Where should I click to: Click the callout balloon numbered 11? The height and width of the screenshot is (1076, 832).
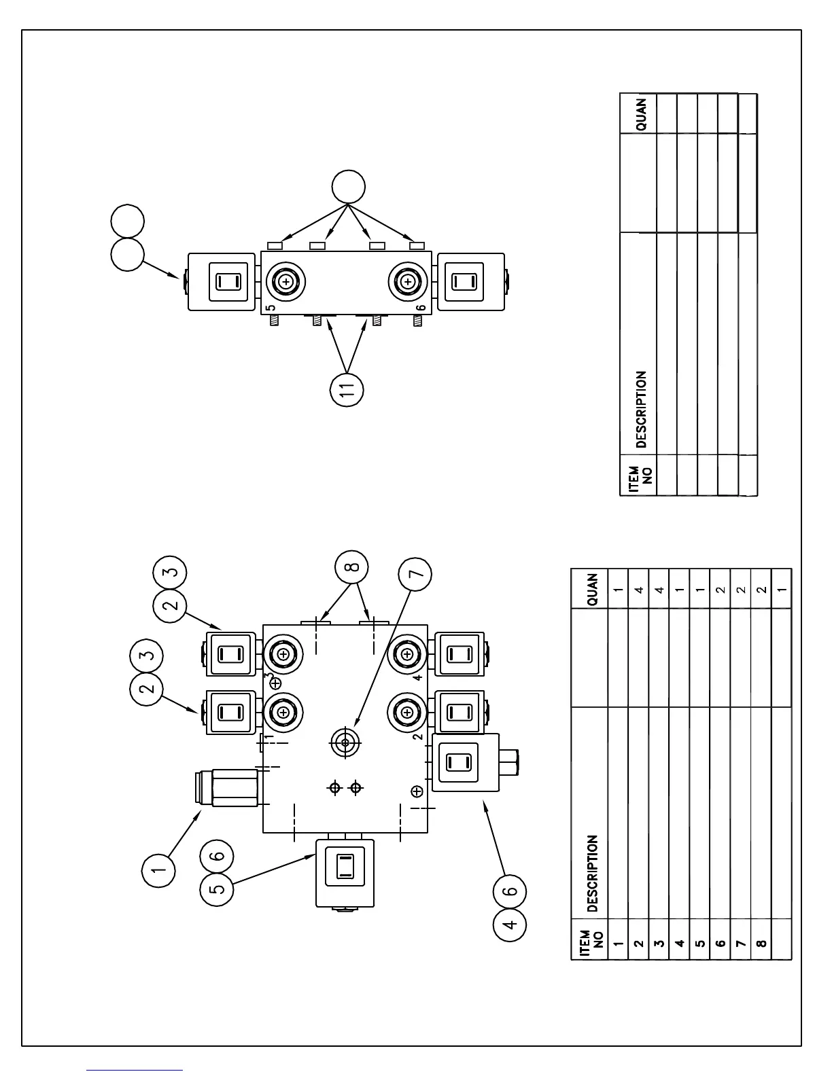click(347, 390)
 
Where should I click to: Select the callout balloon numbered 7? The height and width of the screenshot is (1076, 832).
click(415, 573)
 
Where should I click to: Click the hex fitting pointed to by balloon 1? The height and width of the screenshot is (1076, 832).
click(235, 787)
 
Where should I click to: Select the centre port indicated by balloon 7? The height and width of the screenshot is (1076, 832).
click(345, 743)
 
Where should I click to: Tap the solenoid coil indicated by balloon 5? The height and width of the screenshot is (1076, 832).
click(345, 872)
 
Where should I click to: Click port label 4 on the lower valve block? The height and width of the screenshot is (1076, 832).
click(418, 677)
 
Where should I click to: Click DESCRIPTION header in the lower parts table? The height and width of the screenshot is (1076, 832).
click(592, 873)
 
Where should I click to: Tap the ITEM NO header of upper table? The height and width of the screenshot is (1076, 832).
click(640, 475)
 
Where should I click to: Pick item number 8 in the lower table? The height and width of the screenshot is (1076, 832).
click(761, 944)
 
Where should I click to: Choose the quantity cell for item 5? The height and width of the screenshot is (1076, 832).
click(700, 588)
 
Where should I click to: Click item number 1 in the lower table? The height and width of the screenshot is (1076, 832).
click(619, 944)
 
